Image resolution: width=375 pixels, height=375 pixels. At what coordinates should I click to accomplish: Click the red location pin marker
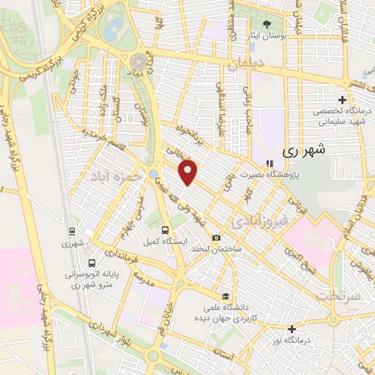coord(189,173)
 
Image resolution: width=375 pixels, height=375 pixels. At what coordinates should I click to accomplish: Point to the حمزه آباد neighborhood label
coord(114,177)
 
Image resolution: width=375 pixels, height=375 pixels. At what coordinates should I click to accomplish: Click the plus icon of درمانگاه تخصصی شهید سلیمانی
coord(342,100)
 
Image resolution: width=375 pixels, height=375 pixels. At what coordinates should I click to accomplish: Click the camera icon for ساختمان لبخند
coord(216,237)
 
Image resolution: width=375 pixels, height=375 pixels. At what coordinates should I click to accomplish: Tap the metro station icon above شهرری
coord(71,230)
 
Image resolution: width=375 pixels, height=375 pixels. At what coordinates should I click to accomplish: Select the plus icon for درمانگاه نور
coord(292,330)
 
